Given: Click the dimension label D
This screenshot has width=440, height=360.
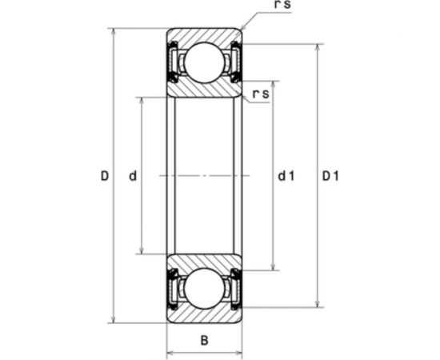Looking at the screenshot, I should (104, 175).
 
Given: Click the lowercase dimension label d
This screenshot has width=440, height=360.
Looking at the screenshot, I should (133, 175).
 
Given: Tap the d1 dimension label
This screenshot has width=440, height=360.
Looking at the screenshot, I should (286, 175).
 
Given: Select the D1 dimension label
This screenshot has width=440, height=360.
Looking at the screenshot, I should (330, 175).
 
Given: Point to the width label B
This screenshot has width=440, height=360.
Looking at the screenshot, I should (204, 340).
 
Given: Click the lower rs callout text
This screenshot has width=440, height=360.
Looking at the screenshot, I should (261, 94).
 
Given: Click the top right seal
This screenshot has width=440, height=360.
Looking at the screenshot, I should (236, 62).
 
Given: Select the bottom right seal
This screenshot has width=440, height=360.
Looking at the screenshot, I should (236, 288).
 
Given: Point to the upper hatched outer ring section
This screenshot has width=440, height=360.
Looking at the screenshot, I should (204, 35).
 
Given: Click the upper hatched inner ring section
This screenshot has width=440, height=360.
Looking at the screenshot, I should (204, 87).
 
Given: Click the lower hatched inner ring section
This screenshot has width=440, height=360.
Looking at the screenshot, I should (204, 262).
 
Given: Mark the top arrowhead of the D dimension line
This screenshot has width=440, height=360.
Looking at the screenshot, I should (114, 32).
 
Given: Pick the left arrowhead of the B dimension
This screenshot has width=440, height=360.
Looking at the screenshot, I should (169, 351).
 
